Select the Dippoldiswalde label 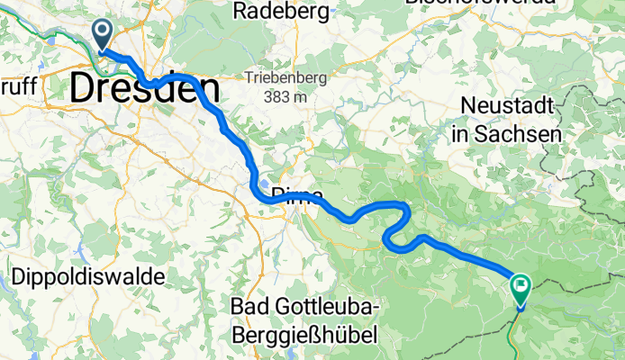coord(88,276)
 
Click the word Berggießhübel coord(303,335)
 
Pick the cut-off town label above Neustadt coord(480,3)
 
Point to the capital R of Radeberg coord(240,11)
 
